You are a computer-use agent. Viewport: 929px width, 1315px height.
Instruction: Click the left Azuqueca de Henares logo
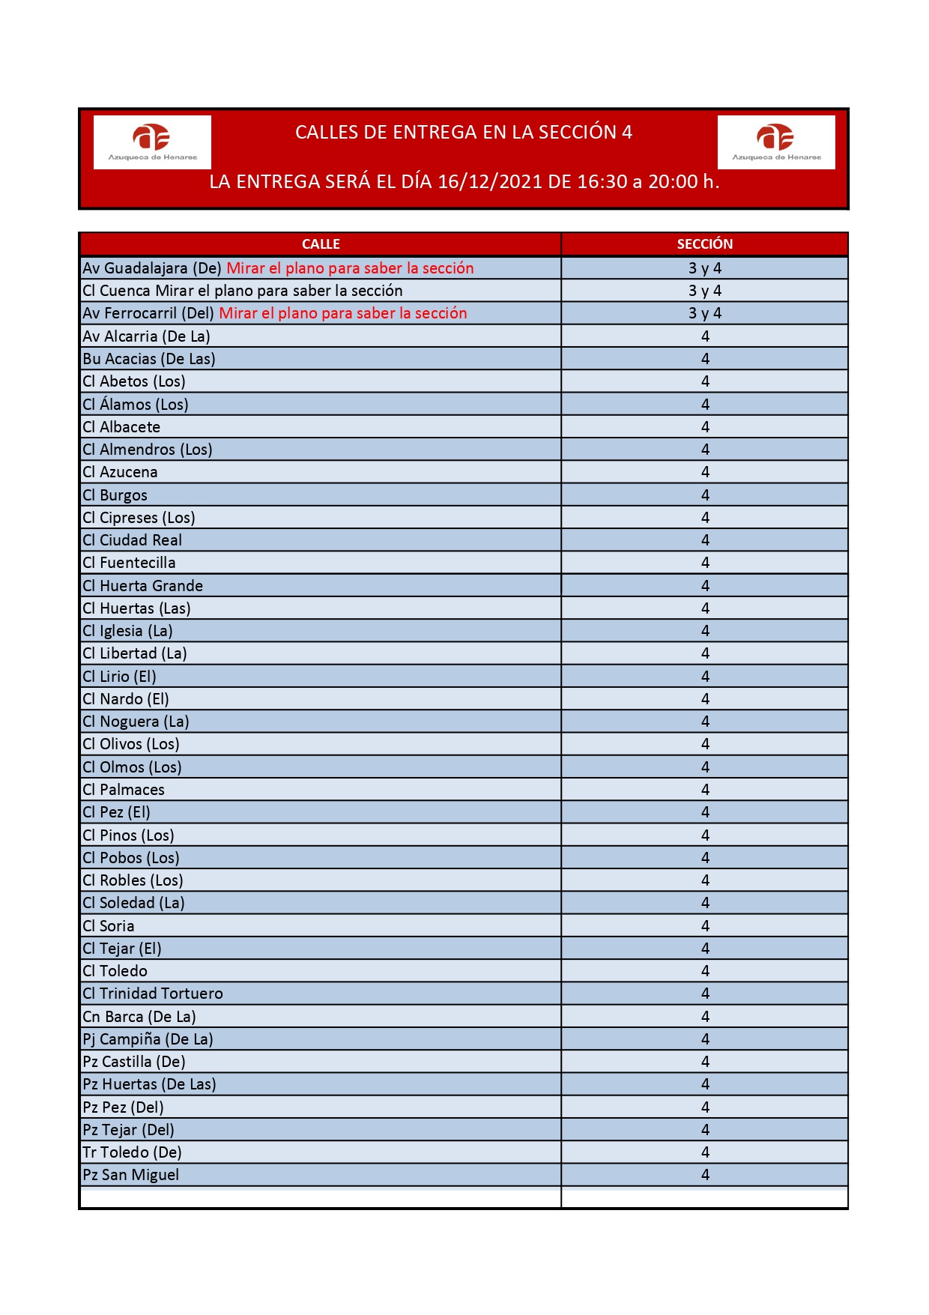coord(152,142)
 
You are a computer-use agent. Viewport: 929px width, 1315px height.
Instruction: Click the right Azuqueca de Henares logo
coord(776,142)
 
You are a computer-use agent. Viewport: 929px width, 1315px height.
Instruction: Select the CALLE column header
coord(321,244)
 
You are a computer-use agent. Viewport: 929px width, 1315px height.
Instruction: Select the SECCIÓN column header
coord(704,244)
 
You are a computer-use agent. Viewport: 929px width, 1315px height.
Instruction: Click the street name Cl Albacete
coord(121,427)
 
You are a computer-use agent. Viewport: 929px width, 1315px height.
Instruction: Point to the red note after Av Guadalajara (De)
coord(350,268)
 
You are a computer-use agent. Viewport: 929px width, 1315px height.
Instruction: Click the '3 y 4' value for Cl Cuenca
coord(704,291)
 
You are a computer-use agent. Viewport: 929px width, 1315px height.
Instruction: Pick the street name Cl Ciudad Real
coord(133,540)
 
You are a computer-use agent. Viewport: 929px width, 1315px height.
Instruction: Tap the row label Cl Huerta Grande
coord(143,586)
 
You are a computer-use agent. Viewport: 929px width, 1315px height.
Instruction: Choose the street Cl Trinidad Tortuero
coord(153,994)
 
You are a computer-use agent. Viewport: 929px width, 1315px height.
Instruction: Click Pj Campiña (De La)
coord(148,1039)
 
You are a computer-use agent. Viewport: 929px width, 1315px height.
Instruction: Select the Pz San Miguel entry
coord(131,1175)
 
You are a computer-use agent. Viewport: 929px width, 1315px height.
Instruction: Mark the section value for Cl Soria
coord(704,926)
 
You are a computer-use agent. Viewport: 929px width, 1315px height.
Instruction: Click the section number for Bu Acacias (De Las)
coord(704,359)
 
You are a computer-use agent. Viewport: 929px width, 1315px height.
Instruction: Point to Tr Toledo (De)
coord(133,1152)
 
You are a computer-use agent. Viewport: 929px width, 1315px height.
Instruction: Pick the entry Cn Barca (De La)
coord(139,1017)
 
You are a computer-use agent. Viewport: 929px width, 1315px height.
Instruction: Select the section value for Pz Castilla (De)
coord(704,1062)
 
